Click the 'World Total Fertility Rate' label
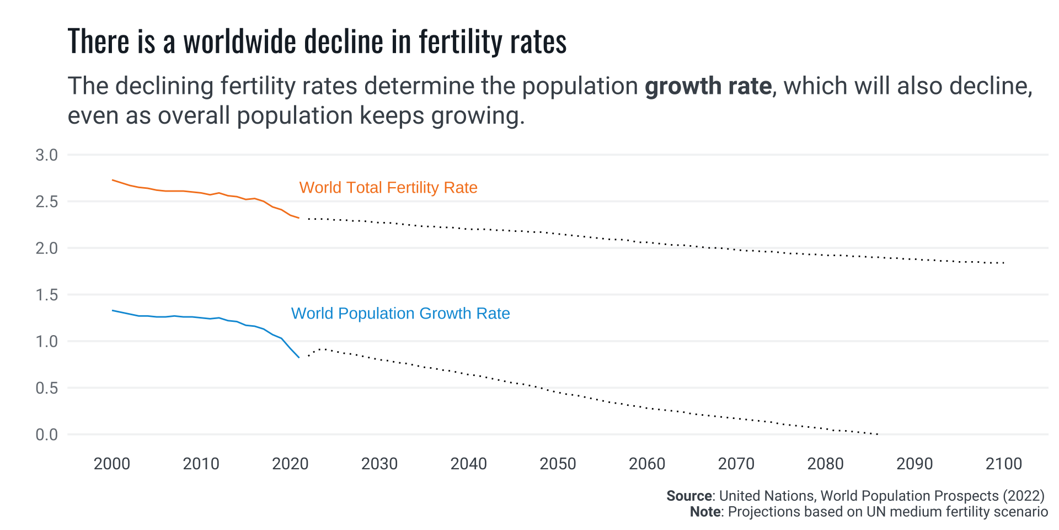(388, 188)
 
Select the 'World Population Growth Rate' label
(400, 314)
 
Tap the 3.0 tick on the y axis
(46, 155)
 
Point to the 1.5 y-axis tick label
(46, 295)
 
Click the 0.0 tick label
(46, 435)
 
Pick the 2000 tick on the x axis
(112, 464)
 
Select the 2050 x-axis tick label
(558, 464)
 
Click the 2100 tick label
(1004, 464)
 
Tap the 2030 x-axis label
(379, 464)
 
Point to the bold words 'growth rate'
(708, 86)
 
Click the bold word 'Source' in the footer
(689, 496)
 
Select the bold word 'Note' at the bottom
(705, 512)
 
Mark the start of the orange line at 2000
(113, 180)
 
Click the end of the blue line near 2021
(299, 357)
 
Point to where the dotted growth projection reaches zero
(878, 434)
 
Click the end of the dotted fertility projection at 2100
(1004, 263)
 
